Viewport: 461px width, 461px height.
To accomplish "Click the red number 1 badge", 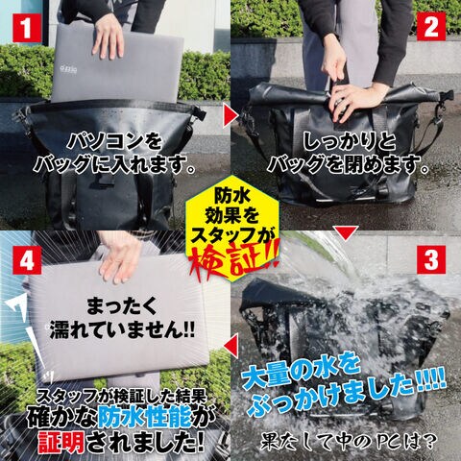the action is (27, 28).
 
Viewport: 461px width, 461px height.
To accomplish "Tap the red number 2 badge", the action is (431, 27).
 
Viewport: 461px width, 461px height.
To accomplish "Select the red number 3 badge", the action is (431, 259).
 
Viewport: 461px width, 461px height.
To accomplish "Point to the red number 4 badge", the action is (27, 260).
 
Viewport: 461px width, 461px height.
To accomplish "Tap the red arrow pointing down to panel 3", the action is (346, 233).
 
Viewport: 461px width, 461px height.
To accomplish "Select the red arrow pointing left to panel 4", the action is (231, 346).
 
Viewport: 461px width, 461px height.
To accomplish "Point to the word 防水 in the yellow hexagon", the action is (232, 195).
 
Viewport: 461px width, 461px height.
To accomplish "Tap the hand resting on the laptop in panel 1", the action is (109, 40).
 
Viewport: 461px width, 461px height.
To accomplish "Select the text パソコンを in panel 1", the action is (114, 141).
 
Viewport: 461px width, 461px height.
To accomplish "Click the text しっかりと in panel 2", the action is (350, 141).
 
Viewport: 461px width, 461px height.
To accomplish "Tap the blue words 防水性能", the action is (145, 419).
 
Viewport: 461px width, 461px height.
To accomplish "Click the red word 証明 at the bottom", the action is (61, 444).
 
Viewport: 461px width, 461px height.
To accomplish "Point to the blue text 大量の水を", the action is (301, 373).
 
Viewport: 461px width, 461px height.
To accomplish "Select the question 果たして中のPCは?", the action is (349, 442).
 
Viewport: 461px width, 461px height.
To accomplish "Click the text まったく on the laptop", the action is (122, 306).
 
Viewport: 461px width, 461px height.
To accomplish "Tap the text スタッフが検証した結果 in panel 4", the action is (121, 398).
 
